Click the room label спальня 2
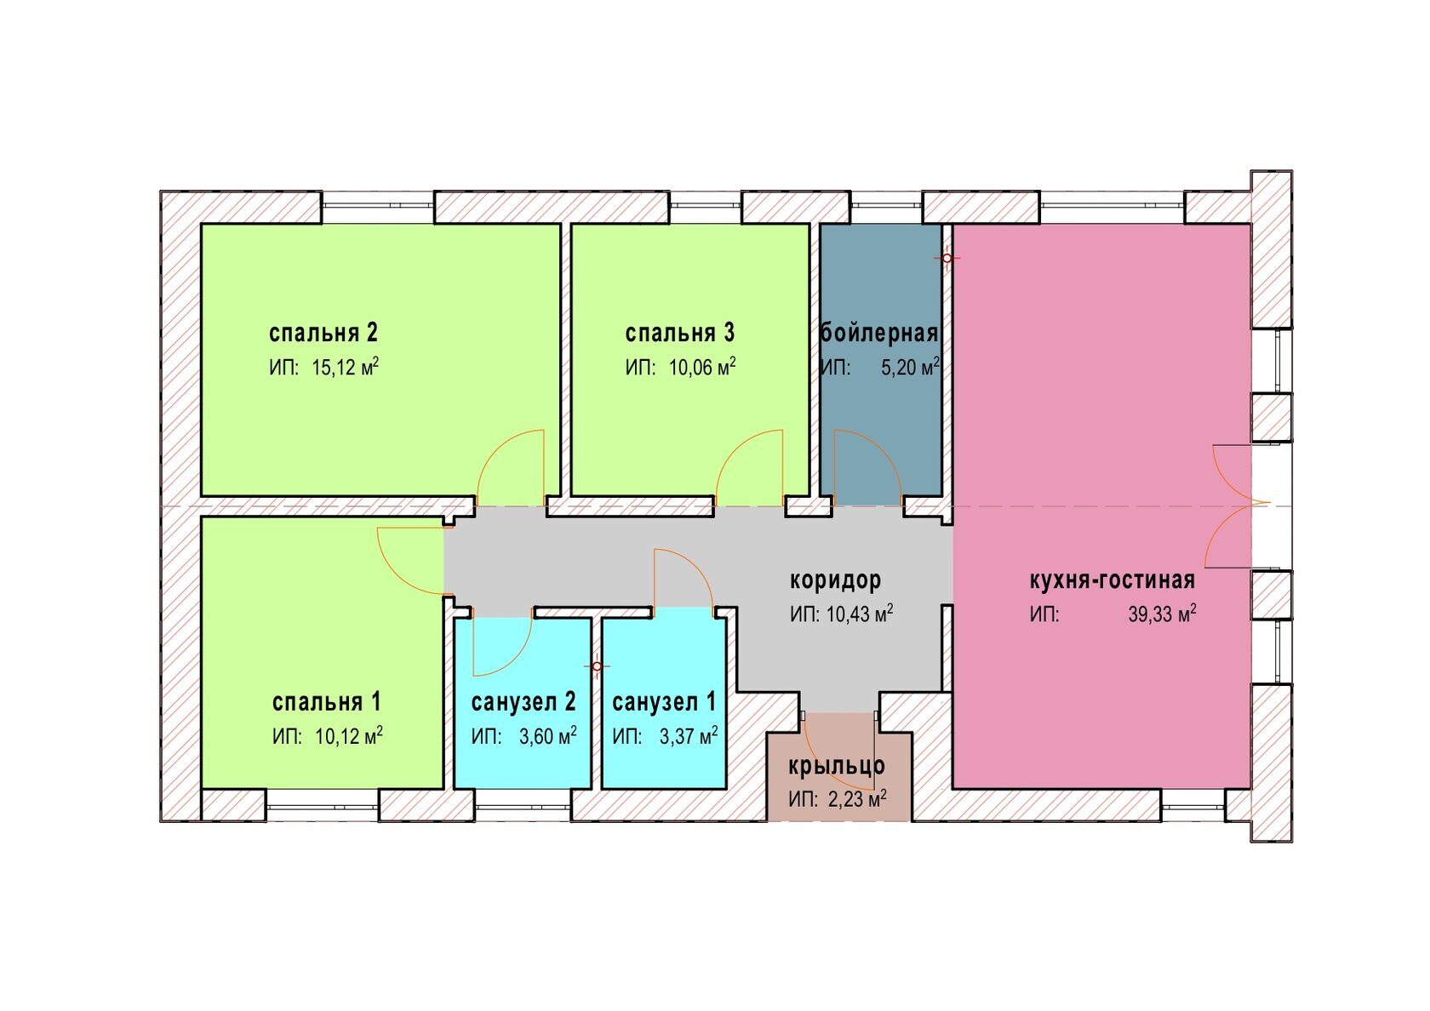tap(323, 332)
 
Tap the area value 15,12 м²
tap(345, 368)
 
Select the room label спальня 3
tap(679, 332)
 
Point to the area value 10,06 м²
tap(702, 368)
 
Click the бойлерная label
tap(879, 333)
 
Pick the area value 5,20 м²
tap(910, 368)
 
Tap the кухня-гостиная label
tap(1112, 580)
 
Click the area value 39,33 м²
tap(1162, 614)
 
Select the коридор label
tap(835, 580)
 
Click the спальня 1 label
tap(327, 702)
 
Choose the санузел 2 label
tap(523, 702)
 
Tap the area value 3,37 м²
tap(689, 736)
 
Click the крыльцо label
tap(837, 766)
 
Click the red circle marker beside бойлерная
tap(947, 257)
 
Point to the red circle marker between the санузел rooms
tap(598, 666)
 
